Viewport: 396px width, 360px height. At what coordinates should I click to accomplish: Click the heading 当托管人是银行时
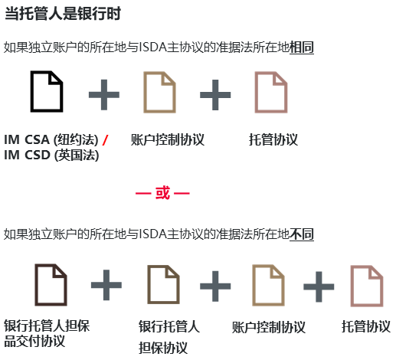click(63, 13)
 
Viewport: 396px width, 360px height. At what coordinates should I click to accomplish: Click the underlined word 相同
click(302, 47)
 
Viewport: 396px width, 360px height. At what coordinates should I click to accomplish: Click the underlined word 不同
click(302, 234)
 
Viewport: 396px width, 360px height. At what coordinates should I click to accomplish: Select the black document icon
click(47, 91)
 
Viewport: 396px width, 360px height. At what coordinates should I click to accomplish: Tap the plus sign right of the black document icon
click(104, 95)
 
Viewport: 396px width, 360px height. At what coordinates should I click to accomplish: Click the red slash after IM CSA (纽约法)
click(105, 140)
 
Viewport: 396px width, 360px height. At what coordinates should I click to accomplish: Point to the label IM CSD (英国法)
click(51, 155)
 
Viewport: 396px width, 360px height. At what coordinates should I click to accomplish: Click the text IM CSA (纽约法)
click(51, 139)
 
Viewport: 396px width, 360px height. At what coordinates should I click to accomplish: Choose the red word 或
click(162, 193)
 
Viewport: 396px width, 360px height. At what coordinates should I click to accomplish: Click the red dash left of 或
click(143, 193)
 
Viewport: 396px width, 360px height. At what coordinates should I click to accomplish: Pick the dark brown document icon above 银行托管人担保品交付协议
click(51, 285)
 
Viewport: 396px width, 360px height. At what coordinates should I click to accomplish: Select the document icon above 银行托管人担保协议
click(164, 285)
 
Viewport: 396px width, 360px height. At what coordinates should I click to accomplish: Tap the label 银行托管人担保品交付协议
click(47, 333)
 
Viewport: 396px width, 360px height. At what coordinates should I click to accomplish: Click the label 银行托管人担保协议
click(169, 337)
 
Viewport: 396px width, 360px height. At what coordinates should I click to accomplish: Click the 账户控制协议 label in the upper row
click(168, 139)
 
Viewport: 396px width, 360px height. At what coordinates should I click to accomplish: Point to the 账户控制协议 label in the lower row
click(269, 327)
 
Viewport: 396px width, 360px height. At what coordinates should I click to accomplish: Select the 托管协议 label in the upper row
click(273, 139)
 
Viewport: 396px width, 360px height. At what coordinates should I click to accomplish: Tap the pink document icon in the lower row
click(367, 286)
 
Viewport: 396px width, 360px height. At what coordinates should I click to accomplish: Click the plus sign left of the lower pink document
click(319, 286)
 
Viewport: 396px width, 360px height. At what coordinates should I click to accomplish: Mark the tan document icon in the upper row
click(159, 92)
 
